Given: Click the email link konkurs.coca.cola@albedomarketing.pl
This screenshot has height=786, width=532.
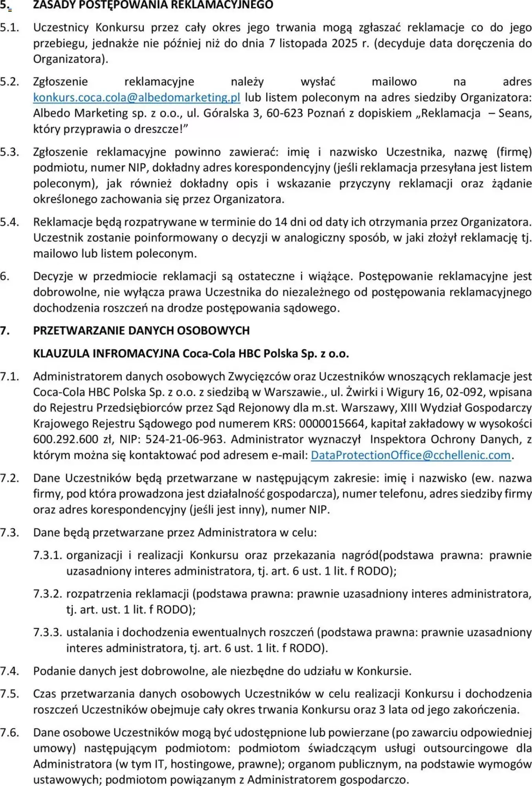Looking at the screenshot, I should click(136, 97).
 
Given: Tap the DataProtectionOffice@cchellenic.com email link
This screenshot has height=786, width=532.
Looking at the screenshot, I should click(411, 455).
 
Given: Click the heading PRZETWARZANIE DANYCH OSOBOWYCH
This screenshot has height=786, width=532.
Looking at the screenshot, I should click(141, 331).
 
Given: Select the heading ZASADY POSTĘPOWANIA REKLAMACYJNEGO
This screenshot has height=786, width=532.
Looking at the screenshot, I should click(153, 5).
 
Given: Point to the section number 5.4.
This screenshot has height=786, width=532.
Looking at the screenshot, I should click(9, 222).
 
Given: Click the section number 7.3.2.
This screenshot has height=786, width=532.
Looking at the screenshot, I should click(48, 594).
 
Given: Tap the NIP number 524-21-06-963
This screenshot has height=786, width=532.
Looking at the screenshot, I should click(184, 439).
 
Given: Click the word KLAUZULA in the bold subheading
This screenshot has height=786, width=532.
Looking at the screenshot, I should click(61, 353).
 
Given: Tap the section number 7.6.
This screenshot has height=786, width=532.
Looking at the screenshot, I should click(9, 733).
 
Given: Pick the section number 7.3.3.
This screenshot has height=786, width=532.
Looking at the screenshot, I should click(48, 632).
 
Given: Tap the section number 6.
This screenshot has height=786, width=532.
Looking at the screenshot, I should click(5, 276).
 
